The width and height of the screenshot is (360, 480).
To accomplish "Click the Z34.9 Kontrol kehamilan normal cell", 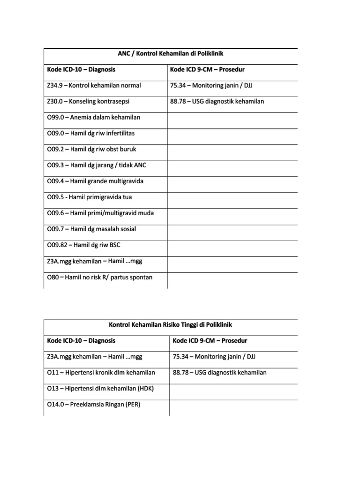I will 94,86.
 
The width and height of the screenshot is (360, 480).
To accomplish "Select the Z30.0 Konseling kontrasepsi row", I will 89,102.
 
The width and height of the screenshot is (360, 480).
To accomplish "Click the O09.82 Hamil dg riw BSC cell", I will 84,245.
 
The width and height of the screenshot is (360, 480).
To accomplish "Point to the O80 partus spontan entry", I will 100,277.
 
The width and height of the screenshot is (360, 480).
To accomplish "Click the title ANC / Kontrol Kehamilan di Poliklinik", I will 170,54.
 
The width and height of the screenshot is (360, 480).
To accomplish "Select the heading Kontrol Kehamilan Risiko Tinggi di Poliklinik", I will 171,324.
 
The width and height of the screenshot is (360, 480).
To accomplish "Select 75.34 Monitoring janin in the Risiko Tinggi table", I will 214,357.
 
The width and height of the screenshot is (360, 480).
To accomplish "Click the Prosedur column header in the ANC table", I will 207,70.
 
